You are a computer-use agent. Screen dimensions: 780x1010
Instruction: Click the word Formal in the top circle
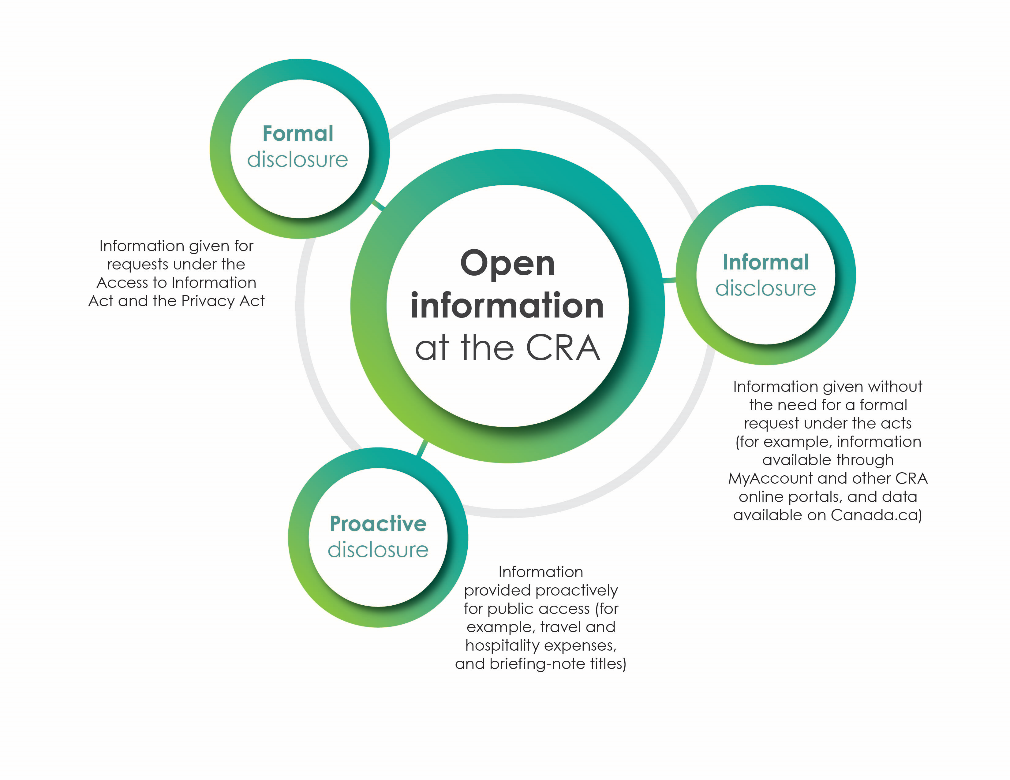point(298,134)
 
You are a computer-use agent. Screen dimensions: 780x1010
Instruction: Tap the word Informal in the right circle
point(766,262)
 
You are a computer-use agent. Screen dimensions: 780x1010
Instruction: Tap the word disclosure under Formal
point(297,159)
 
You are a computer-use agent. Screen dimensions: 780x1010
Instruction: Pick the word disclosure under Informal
point(765,288)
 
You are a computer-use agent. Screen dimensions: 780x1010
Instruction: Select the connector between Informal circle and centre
point(669,280)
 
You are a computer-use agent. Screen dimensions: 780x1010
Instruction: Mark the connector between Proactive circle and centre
point(422,448)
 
